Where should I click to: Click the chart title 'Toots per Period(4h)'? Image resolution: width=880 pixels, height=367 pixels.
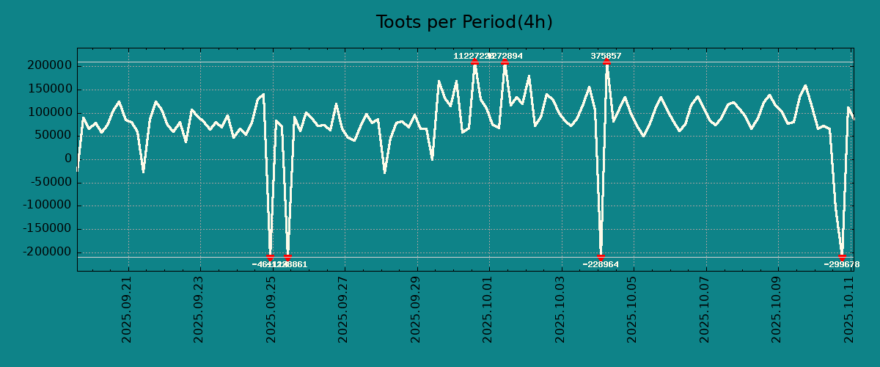coord(464,22)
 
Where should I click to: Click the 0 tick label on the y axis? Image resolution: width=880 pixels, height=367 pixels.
coord(67,159)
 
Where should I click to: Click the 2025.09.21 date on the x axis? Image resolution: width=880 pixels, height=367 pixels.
coord(128,309)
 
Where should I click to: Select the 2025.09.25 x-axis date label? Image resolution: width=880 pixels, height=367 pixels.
coord(271,309)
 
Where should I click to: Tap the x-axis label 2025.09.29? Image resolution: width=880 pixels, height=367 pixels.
coord(416,309)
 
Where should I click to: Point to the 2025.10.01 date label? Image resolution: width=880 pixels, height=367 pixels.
coord(488,309)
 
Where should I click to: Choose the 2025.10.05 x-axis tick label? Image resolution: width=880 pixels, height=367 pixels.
coord(631,309)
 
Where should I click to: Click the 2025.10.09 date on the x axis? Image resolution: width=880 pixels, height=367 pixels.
coord(776,309)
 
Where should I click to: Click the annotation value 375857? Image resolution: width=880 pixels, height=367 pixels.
coord(606,56)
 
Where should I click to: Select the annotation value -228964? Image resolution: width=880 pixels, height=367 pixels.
coord(601,264)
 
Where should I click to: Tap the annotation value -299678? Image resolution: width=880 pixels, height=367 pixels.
coord(842,264)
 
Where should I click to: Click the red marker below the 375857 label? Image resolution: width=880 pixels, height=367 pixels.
coord(606,62)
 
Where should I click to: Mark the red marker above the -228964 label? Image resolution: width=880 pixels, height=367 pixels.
coord(601,257)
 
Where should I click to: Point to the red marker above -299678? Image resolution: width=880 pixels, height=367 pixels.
coord(842,257)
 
